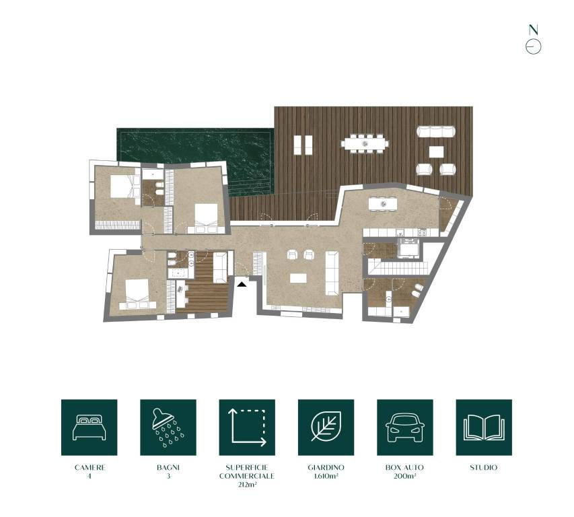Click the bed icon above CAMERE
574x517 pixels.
pyautogui.click(x=89, y=427)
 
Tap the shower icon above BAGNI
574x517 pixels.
pyautogui.click(x=168, y=427)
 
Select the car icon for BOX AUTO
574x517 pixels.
pyautogui.click(x=405, y=427)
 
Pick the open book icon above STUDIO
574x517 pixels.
pyautogui.click(x=484, y=427)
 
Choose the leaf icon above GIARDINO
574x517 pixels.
pyautogui.click(x=326, y=427)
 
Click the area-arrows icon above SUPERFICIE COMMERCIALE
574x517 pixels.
pyautogui.click(x=247, y=427)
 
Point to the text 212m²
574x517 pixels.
pyautogui.click(x=247, y=485)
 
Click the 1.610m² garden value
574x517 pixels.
pyautogui.click(x=326, y=476)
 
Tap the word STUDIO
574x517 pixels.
pyautogui.click(x=484, y=467)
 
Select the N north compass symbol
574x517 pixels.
pyautogui.click(x=534, y=40)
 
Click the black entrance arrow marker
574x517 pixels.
pyautogui.click(x=242, y=284)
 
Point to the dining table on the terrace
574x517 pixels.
pyautogui.click(x=364, y=143)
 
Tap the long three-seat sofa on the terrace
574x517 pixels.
pyautogui.click(x=436, y=131)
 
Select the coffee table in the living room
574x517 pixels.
pyautogui.click(x=298, y=278)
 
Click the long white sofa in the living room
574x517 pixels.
pyautogui.click(x=332, y=273)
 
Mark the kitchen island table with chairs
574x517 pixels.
pyautogui.click(x=383, y=204)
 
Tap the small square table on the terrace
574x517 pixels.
pyautogui.click(x=436, y=151)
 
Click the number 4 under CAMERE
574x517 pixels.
pyautogui.click(x=89, y=476)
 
